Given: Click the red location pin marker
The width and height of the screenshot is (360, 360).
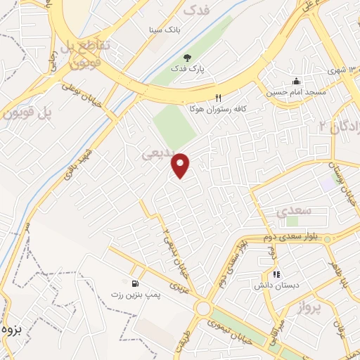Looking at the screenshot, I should pyautogui.click(x=181, y=166).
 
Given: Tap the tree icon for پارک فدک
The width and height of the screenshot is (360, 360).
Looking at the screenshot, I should pyautogui.click(x=187, y=57).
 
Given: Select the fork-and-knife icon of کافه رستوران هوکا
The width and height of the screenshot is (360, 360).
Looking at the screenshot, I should pyautogui.click(x=218, y=98).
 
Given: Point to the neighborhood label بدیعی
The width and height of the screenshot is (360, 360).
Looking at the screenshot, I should pyautogui.click(x=157, y=153).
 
